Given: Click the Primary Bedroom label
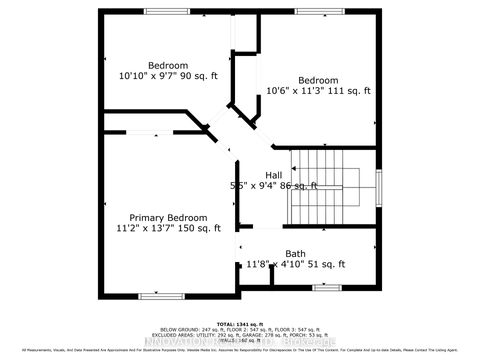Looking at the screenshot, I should (x=168, y=218).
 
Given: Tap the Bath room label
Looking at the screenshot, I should (x=295, y=253).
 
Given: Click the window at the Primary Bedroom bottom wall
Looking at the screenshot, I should (x=160, y=295).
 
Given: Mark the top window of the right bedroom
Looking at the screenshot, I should (x=318, y=11).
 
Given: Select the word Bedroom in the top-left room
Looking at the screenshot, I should (x=168, y=65).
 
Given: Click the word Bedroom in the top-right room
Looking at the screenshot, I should (x=318, y=80).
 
